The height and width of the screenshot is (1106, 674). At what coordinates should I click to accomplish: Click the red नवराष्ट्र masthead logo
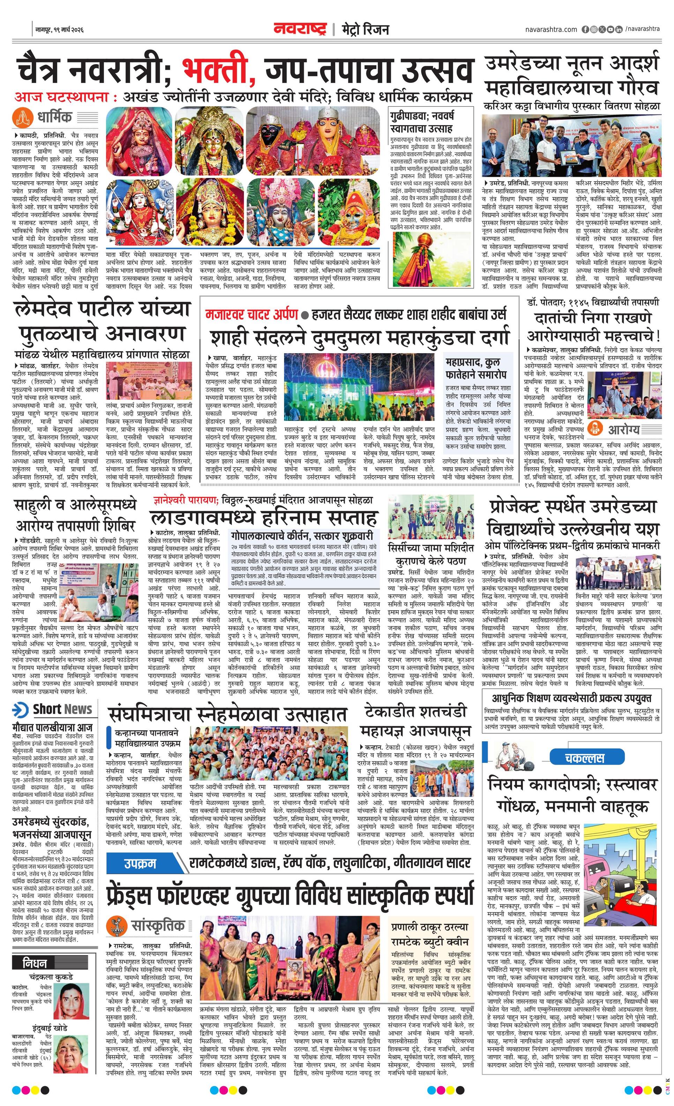tap(300, 30)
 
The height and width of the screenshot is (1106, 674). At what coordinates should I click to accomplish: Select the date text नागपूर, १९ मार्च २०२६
tap(60, 30)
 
